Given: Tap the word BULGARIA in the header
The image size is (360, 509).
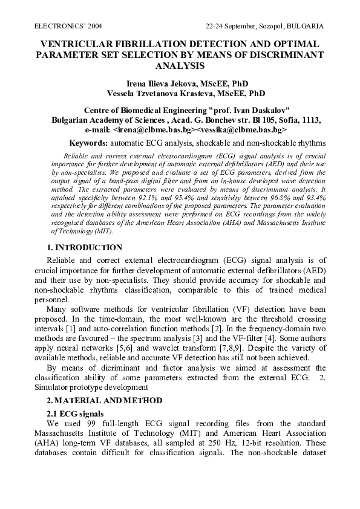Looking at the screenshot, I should click(x=305, y=27).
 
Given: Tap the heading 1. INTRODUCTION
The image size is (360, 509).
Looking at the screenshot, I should click(x=84, y=248).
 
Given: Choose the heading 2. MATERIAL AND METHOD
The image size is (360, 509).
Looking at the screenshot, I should click(x=105, y=400).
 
